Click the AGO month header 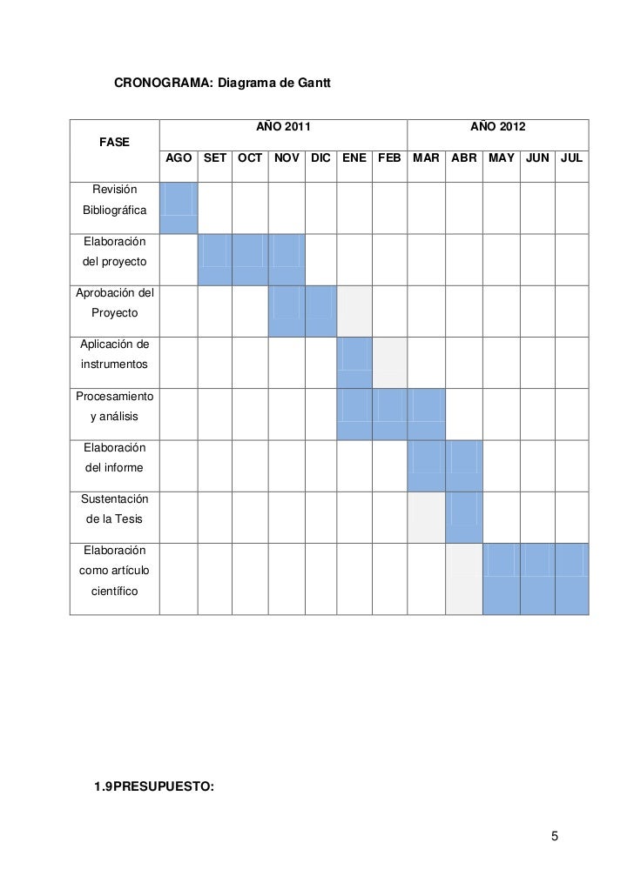(x=179, y=158)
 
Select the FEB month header (x=389, y=158)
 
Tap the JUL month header (x=571, y=158)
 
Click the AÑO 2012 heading (x=497, y=127)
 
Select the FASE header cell (x=114, y=141)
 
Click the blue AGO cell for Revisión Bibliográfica (x=179, y=208)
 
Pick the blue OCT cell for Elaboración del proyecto (x=250, y=259)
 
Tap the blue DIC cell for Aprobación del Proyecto (x=320, y=311)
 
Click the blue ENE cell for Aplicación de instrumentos (x=354, y=363)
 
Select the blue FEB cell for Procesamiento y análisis (x=389, y=414)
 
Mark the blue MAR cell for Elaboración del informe (x=426, y=465)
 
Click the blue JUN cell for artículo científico (x=536, y=578)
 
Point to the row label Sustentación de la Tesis (x=114, y=509)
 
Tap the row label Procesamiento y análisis (x=114, y=406)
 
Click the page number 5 (x=554, y=837)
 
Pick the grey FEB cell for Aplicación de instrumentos (x=389, y=363)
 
